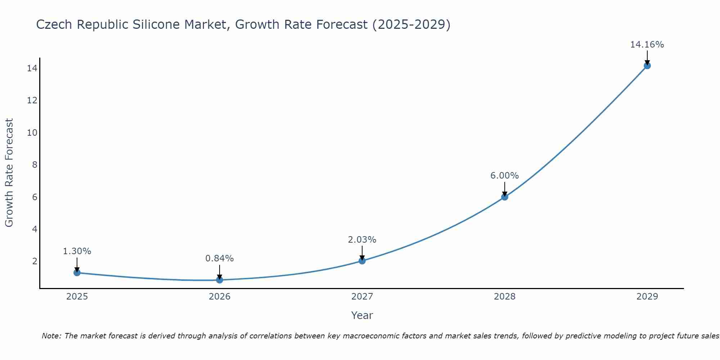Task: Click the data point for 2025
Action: [x=77, y=273]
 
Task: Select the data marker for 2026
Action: [x=220, y=280]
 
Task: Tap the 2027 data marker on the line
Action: [x=362, y=261]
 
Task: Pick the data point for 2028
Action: [x=505, y=197]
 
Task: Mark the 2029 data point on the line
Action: [x=647, y=66]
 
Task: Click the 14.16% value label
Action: [x=647, y=45]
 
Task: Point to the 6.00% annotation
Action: [x=504, y=176]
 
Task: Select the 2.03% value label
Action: [x=362, y=240]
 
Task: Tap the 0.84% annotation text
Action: [x=219, y=258]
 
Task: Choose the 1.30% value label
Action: [x=77, y=251]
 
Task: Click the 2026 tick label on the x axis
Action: [x=220, y=297]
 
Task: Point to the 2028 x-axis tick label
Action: [x=505, y=297]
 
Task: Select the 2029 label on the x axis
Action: [x=647, y=297]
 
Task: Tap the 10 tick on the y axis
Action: [x=32, y=132]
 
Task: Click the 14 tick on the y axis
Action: [x=32, y=68]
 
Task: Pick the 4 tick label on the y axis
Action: [x=35, y=229]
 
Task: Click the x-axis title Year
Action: [x=362, y=315]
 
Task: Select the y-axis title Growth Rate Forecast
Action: [x=9, y=172]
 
